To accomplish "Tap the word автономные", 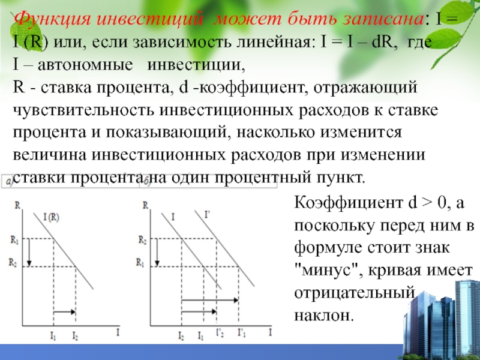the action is [85, 65].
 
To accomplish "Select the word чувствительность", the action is [83, 110].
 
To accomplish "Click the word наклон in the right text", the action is [324, 316].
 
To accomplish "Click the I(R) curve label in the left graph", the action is [51, 217].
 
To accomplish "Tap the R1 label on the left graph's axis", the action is [14, 240].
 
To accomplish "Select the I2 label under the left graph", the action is [75, 336].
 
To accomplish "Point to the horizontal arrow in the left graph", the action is [65, 312].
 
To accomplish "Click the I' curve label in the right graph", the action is [207, 215].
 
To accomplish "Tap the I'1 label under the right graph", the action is [242, 333].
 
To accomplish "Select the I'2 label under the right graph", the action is [220, 333].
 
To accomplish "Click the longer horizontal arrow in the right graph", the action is [210, 301].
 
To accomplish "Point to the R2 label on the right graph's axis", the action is [142, 240].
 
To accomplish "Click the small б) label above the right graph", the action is [147, 182].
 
